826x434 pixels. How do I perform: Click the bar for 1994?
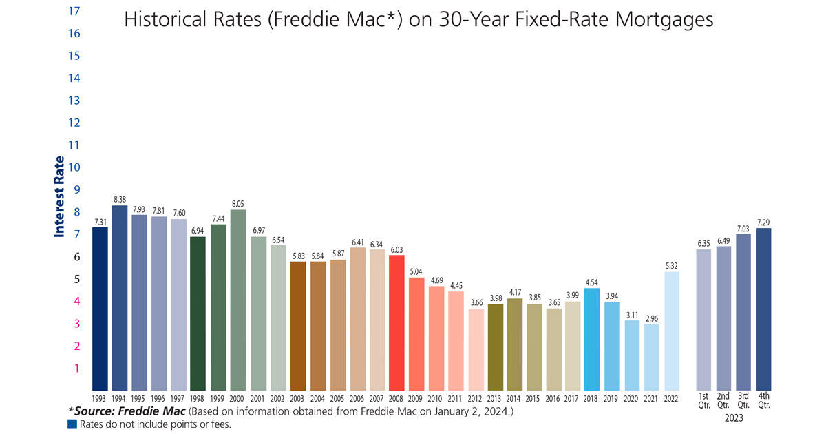[120, 298]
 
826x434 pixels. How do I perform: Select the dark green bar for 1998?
[199, 313]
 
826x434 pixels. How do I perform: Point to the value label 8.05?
[238, 204]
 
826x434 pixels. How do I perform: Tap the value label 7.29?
[763, 222]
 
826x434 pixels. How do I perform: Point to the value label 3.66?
[476, 302]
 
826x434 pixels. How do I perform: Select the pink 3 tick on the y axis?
[77, 323]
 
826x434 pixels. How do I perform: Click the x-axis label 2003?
[297, 399]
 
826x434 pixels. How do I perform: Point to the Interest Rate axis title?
[60, 196]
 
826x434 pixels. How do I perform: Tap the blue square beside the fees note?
[71, 424]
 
